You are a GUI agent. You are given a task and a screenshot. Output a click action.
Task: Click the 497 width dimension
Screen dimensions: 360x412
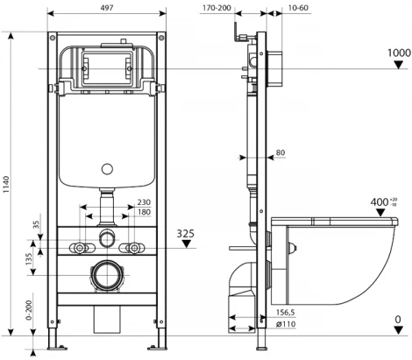pyautogui.click(x=104, y=6)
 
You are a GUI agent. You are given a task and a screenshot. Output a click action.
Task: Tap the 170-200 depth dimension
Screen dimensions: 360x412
pyautogui.click(x=214, y=8)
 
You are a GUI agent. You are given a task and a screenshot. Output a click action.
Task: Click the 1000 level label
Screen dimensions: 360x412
pyautogui.click(x=399, y=53)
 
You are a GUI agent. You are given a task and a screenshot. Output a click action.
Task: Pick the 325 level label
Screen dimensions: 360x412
pyautogui.click(x=186, y=235)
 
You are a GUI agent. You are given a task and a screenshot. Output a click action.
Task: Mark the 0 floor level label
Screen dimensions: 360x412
pyautogui.click(x=399, y=320)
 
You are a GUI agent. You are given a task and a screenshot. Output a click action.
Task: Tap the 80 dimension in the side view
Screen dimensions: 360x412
pyautogui.click(x=281, y=153)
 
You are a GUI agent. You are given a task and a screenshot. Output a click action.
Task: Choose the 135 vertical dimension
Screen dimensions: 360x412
pyautogui.click(x=30, y=260)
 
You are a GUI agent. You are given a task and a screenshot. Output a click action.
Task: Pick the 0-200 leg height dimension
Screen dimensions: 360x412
pyautogui.click(x=30, y=311)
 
